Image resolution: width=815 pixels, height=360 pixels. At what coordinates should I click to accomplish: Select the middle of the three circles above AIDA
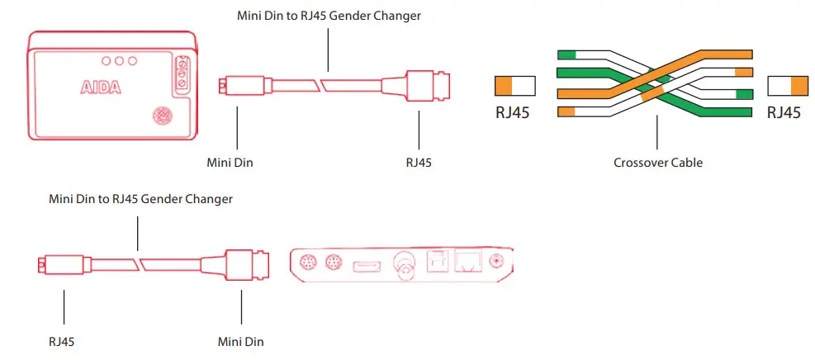[119, 61]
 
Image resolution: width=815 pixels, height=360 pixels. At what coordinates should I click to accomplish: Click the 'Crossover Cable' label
[658, 163]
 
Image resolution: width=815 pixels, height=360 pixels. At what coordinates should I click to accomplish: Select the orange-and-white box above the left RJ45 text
[514, 86]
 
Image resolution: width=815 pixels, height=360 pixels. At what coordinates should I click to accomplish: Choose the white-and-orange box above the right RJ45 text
[787, 86]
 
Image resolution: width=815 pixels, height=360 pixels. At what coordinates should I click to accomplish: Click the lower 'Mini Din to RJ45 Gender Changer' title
[140, 199]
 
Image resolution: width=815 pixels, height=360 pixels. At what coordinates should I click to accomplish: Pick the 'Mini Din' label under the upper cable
[230, 163]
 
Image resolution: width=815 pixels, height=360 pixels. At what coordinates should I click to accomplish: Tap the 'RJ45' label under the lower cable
[64, 340]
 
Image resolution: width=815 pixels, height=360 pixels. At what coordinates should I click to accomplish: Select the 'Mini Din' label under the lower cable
[240, 340]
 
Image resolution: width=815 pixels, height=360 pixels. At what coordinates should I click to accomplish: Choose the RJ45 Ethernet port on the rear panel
[468, 263]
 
